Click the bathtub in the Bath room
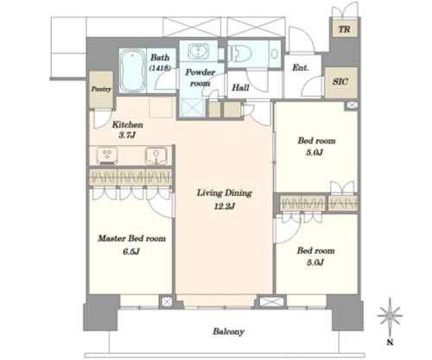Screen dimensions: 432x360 pyautogui.click(x=132, y=71)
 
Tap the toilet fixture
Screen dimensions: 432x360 pyautogui.click(x=240, y=54)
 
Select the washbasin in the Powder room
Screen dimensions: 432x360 pyautogui.click(x=199, y=51)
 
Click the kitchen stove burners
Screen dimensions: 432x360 pyautogui.click(x=107, y=155)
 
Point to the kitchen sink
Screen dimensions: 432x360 pyautogui.click(x=156, y=155)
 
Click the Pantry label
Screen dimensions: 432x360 pyautogui.click(x=101, y=89)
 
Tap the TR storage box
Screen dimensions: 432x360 pyautogui.click(x=345, y=28)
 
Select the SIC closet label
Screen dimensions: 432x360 pyautogui.click(x=340, y=82)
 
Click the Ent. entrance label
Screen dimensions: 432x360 pyautogui.click(x=301, y=68)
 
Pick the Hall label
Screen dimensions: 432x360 pyautogui.click(x=240, y=87)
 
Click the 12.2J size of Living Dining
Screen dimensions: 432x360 pyautogui.click(x=225, y=206)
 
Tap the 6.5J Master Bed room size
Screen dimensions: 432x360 pyautogui.click(x=131, y=252)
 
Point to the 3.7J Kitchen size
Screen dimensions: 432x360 pyautogui.click(x=127, y=136)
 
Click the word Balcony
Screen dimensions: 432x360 pyautogui.click(x=228, y=332)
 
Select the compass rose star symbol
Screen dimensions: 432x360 pyautogui.click(x=390, y=316)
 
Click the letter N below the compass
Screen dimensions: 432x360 pyautogui.click(x=390, y=343)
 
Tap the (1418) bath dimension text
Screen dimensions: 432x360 pyautogui.click(x=160, y=68)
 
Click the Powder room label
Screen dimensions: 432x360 pyautogui.click(x=200, y=78)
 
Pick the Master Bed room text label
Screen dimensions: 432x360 pyautogui.click(x=131, y=238)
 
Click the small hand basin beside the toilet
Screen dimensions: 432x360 pyautogui.click(x=275, y=54)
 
